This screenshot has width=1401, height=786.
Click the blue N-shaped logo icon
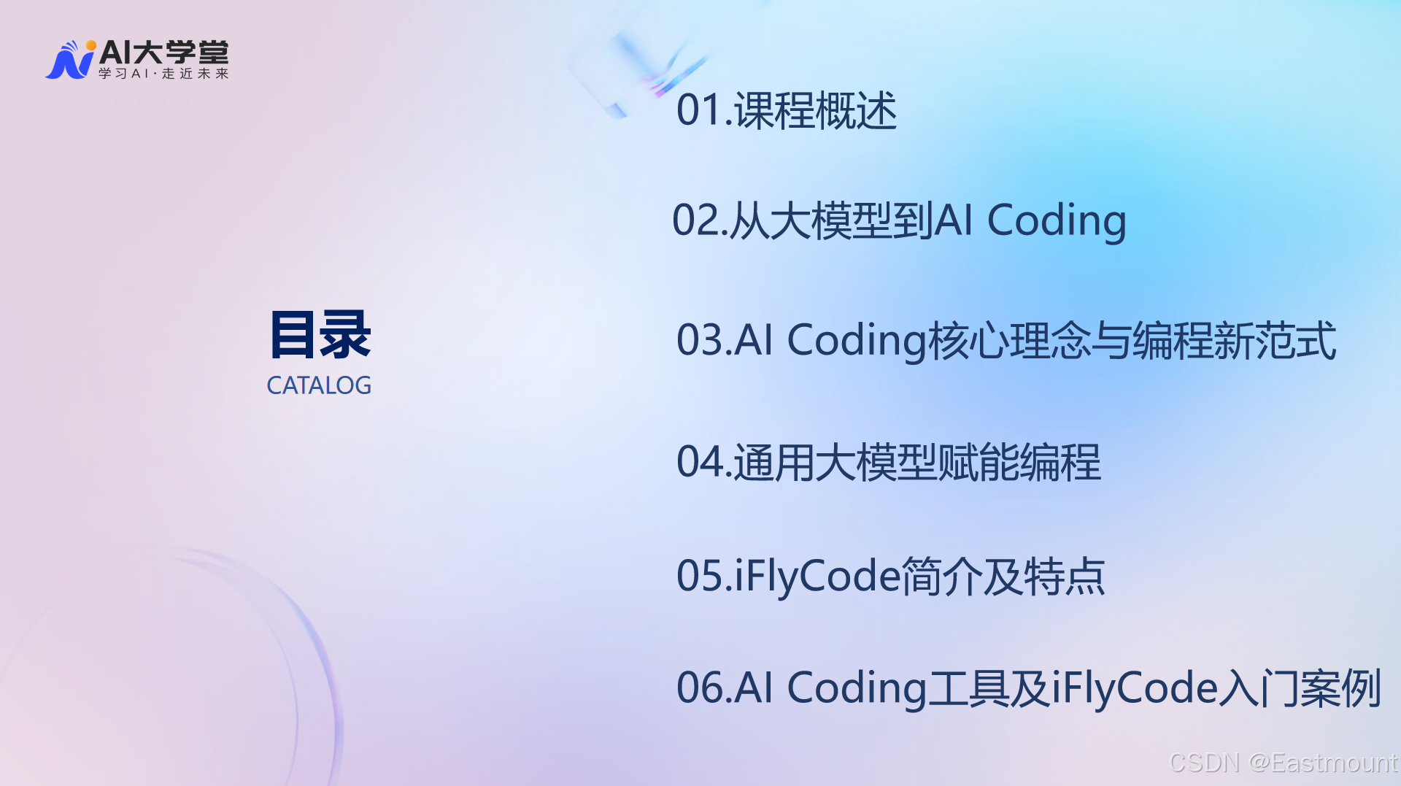[x=70, y=60]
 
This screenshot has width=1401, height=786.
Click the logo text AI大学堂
[x=164, y=53]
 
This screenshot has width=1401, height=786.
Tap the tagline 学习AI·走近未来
[x=164, y=74]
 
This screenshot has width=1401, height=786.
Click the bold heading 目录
[x=320, y=335]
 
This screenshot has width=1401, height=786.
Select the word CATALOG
[x=319, y=385]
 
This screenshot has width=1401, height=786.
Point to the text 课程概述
[x=816, y=111]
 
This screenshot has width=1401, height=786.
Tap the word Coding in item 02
[x=1057, y=220]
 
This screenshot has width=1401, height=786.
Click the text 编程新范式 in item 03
[x=1233, y=340]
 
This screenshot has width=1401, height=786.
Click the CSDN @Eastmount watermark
[x=1283, y=763]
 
